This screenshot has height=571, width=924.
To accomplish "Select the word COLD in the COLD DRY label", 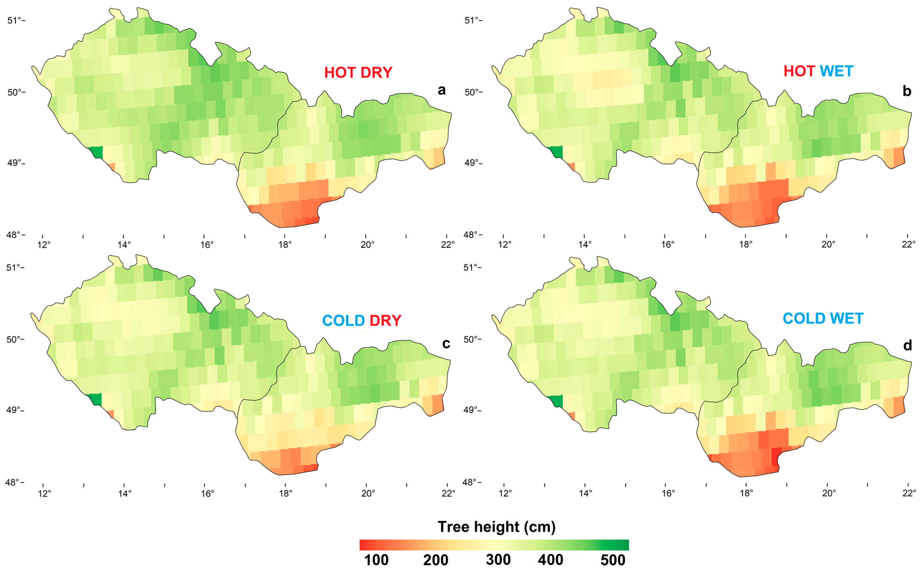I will (343, 321).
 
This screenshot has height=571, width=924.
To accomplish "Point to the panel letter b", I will (907, 91).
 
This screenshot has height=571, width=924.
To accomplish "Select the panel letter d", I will (907, 345).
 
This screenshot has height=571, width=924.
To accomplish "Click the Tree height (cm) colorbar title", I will (496, 526).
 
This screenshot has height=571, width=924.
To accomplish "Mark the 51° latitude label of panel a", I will (14, 20).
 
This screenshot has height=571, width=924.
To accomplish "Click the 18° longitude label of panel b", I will (746, 245).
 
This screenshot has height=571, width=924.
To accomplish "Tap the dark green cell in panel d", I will (556, 401).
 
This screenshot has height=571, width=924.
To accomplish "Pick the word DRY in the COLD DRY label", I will (385, 321).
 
